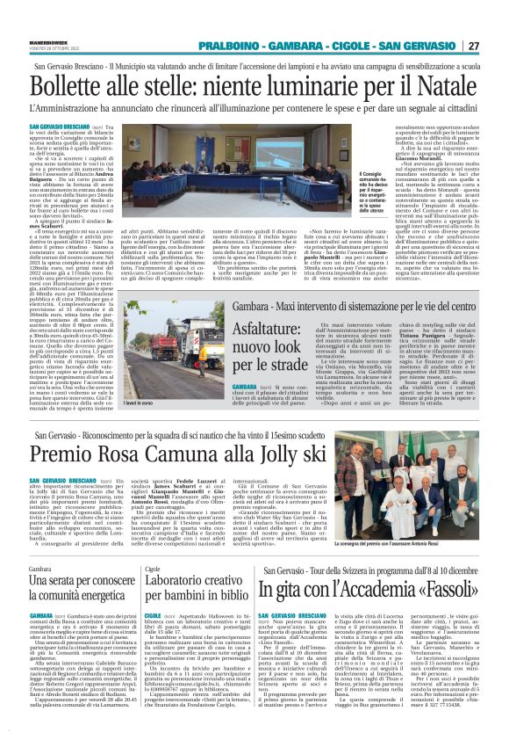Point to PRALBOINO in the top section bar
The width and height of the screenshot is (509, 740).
226,46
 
